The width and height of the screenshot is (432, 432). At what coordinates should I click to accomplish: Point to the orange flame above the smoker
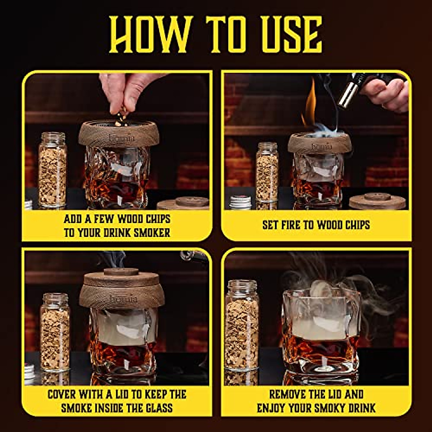tap(311, 103)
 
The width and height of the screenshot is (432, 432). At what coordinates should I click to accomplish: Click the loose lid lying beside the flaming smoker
tap(377, 201)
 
